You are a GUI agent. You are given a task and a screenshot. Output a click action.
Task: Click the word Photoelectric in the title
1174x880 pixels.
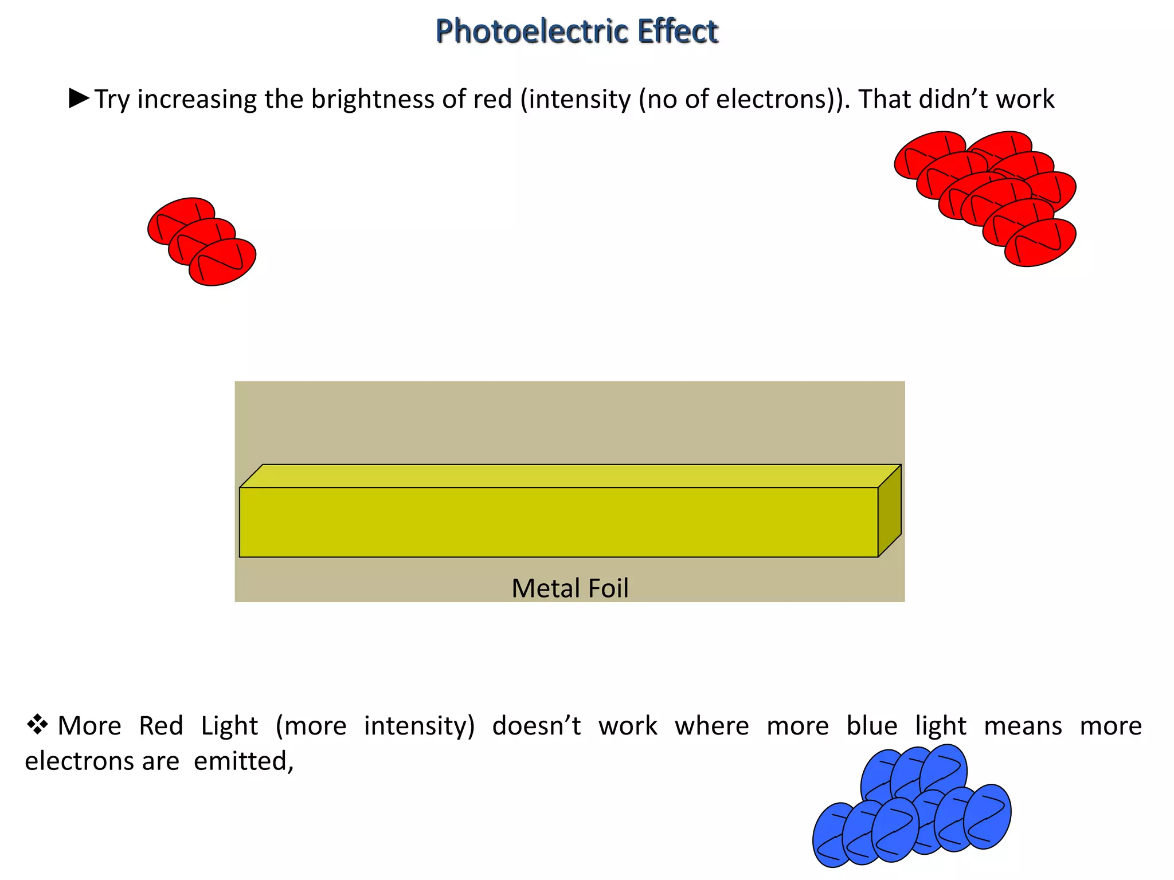click(x=533, y=31)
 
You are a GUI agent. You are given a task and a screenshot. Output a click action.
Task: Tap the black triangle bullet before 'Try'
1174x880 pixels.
click(x=79, y=98)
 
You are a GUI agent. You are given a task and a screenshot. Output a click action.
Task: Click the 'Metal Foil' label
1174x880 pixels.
click(x=570, y=588)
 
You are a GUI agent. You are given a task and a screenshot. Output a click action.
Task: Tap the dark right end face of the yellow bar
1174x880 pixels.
click(x=889, y=510)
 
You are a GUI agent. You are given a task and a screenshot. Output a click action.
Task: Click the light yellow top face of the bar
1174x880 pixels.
click(x=568, y=476)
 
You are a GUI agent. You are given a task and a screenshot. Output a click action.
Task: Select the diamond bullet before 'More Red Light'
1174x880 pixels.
click(x=37, y=725)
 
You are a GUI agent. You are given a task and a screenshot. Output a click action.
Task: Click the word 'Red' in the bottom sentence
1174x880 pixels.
click(x=161, y=726)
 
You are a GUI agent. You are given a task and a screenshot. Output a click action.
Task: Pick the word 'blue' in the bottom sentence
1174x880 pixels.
click(x=871, y=726)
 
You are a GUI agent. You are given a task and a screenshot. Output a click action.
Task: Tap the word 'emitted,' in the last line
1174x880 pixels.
click(x=244, y=761)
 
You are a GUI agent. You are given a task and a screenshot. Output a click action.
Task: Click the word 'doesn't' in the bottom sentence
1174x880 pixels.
click(x=537, y=726)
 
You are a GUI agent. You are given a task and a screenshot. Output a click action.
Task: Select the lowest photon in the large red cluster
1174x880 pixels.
click(x=1040, y=243)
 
